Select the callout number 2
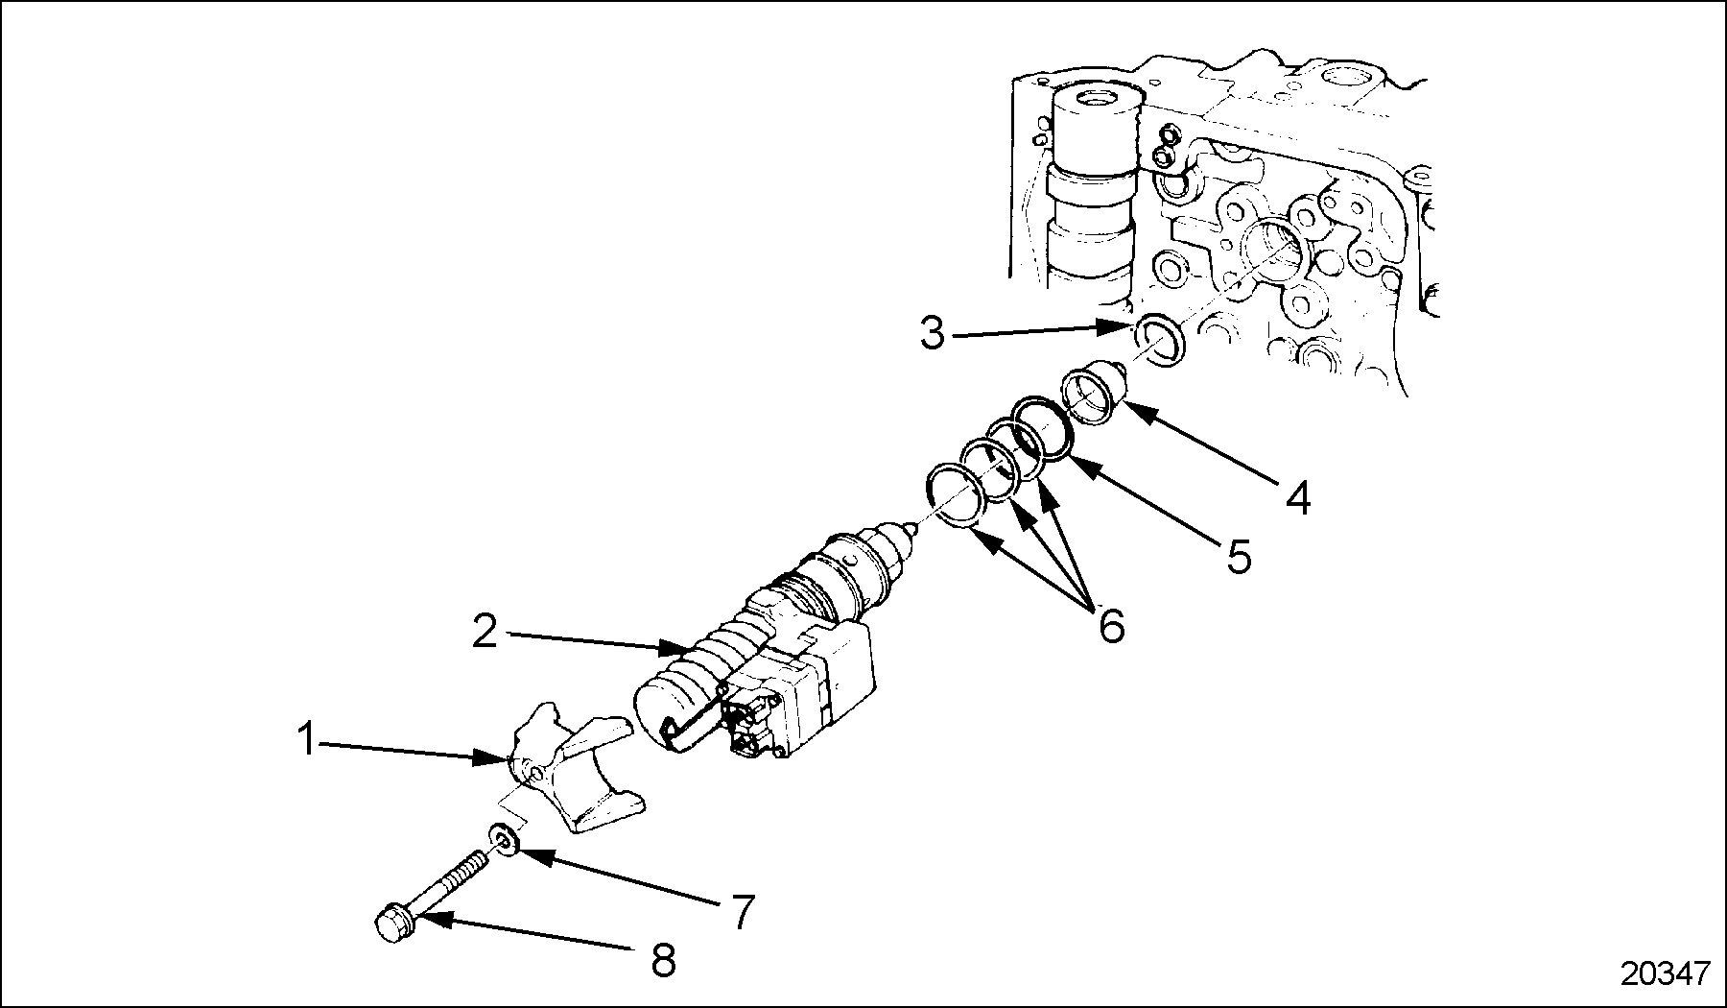(485, 632)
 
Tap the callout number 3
(932, 333)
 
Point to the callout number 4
(1297, 498)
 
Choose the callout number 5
(1239, 556)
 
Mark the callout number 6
(1110, 626)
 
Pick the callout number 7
(743, 911)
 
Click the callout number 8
(663, 959)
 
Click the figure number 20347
(1666, 973)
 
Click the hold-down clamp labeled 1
(571, 768)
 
